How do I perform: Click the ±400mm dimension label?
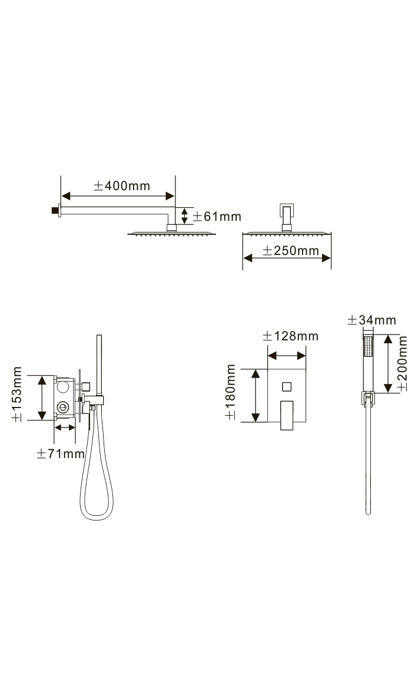(x=122, y=185)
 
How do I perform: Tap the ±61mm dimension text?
(x=217, y=217)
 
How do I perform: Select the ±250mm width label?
(x=291, y=250)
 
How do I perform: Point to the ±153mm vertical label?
(x=17, y=394)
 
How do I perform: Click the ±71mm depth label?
(x=61, y=453)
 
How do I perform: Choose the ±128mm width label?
(x=291, y=336)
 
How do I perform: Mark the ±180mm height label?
(x=231, y=392)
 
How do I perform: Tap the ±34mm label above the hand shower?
(x=372, y=320)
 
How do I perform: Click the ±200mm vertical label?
(x=403, y=364)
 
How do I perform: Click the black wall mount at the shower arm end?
(x=55, y=210)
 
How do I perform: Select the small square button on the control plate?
(x=287, y=387)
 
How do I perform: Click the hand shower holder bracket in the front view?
(x=368, y=399)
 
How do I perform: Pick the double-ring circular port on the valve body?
(x=63, y=406)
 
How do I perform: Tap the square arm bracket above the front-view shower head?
(x=287, y=216)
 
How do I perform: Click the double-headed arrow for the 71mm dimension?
(x=65, y=427)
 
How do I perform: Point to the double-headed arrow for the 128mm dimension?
(x=287, y=356)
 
